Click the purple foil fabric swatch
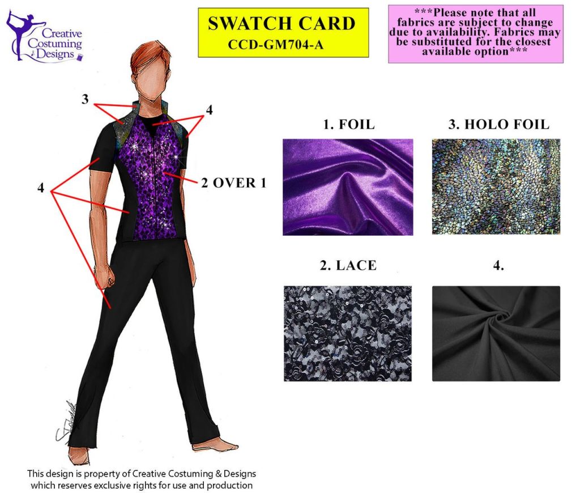(x=348, y=187)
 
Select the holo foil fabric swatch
(x=496, y=186)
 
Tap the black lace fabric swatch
(x=347, y=333)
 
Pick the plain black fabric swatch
(x=496, y=333)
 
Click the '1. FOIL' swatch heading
(x=349, y=124)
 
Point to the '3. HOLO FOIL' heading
(x=499, y=124)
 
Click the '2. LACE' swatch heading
(x=348, y=265)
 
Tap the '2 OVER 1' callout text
(x=234, y=183)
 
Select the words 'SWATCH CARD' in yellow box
(x=282, y=24)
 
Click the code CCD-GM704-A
(x=276, y=45)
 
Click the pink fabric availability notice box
(x=476, y=33)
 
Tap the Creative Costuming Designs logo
(x=44, y=37)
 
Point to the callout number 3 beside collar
(x=85, y=99)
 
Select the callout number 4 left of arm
(x=41, y=188)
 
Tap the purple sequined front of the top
(x=152, y=178)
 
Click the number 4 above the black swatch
(x=498, y=265)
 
